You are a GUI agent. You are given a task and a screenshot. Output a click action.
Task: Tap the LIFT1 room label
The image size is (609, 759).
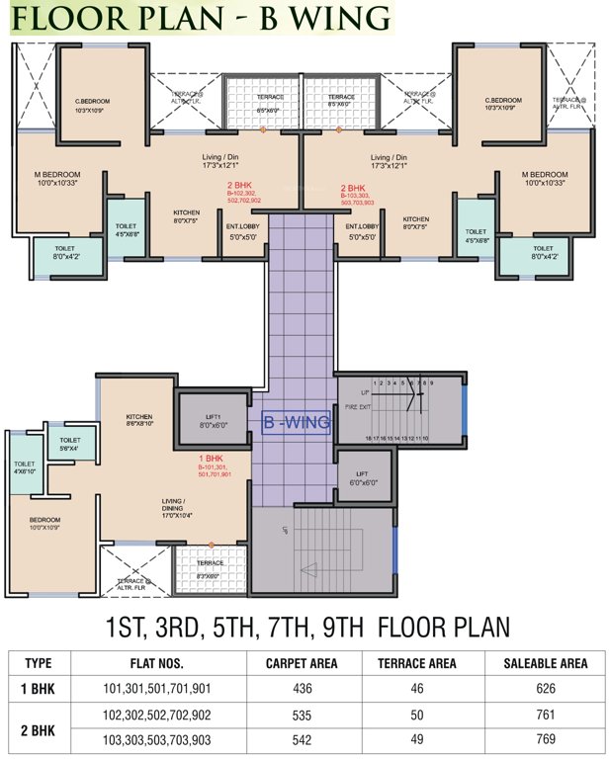click(212, 420)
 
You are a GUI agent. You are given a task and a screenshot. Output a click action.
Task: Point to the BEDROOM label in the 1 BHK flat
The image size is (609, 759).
click(44, 520)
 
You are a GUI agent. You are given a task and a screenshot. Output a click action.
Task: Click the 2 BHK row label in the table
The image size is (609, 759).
click(38, 725)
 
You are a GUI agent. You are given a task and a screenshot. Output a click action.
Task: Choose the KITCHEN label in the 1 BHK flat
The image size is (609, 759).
click(139, 417)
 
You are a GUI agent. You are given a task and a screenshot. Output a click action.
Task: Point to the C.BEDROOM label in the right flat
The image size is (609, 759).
click(502, 100)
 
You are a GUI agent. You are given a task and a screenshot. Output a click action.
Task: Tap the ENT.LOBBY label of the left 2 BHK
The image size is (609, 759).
click(241, 226)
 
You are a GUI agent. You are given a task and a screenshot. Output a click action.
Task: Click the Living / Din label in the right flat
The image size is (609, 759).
click(388, 157)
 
